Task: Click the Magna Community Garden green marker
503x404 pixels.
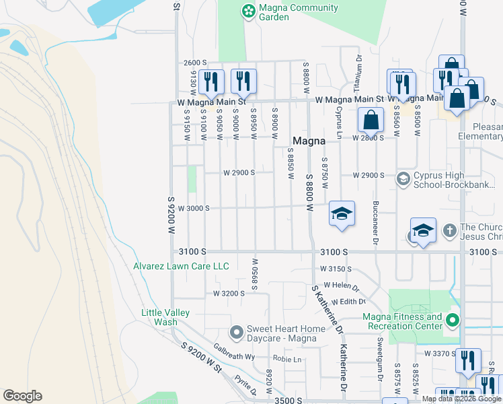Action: [x=249, y=10]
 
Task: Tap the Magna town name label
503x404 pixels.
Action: [x=309, y=141]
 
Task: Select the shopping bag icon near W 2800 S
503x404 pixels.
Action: [x=371, y=121]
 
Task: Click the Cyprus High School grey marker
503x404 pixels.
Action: [x=403, y=178]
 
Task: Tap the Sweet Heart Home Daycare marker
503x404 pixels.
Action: [x=236, y=333]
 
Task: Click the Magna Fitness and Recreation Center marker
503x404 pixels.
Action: [x=453, y=321]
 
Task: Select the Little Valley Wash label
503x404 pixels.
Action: [x=165, y=317]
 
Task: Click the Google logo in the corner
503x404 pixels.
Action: [x=22, y=396]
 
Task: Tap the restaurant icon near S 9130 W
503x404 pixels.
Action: [x=212, y=82]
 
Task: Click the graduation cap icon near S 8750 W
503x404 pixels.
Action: [x=342, y=214]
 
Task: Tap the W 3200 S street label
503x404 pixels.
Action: [x=229, y=294]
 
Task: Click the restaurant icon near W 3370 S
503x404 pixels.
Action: [x=468, y=362]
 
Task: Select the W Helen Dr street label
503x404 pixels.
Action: [x=341, y=285]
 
